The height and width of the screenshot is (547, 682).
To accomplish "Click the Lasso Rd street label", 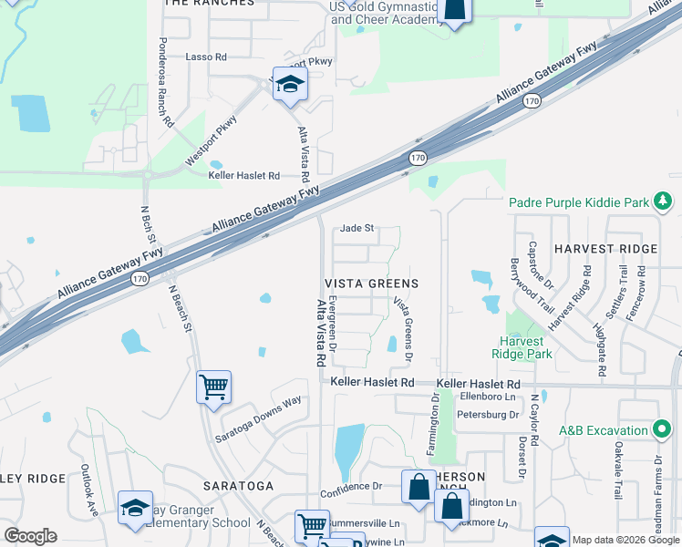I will click(206, 57).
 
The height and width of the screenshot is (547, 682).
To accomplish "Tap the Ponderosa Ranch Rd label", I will click(165, 82).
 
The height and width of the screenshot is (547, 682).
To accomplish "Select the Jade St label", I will click(357, 229).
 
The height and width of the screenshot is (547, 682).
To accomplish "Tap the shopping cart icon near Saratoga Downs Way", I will click(213, 387).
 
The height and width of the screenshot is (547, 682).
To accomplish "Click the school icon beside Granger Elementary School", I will click(135, 508).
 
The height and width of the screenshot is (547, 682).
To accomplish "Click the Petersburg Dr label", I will click(489, 415).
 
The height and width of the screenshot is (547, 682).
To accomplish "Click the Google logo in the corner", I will click(31, 536).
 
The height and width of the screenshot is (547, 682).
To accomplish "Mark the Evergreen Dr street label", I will click(333, 323).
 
